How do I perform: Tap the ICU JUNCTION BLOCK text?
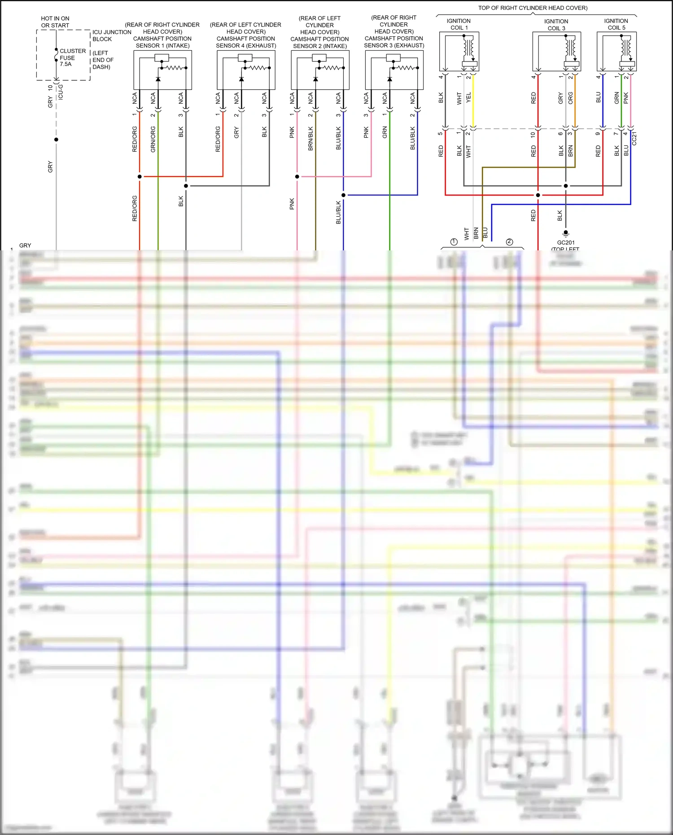click(x=111, y=35)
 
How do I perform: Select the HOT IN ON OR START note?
click(x=55, y=22)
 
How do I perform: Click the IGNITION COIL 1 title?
click(x=459, y=24)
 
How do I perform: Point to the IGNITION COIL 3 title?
click(x=556, y=25)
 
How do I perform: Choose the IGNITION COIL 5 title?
click(x=616, y=24)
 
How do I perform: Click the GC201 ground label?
click(x=566, y=242)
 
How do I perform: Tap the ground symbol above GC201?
click(x=566, y=233)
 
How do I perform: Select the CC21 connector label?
click(x=634, y=139)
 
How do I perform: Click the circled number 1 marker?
click(x=454, y=242)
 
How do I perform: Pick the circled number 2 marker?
click(x=509, y=242)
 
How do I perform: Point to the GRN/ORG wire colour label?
click(x=153, y=139)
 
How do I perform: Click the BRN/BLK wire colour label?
click(x=310, y=139)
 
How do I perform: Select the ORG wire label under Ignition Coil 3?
click(x=570, y=98)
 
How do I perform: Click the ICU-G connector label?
click(x=61, y=92)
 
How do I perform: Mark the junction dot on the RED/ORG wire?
click(x=140, y=176)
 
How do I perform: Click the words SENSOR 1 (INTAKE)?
click(x=162, y=46)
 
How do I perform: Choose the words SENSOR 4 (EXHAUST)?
click(x=246, y=46)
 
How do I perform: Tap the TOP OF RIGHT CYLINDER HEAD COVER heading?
click(x=533, y=8)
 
